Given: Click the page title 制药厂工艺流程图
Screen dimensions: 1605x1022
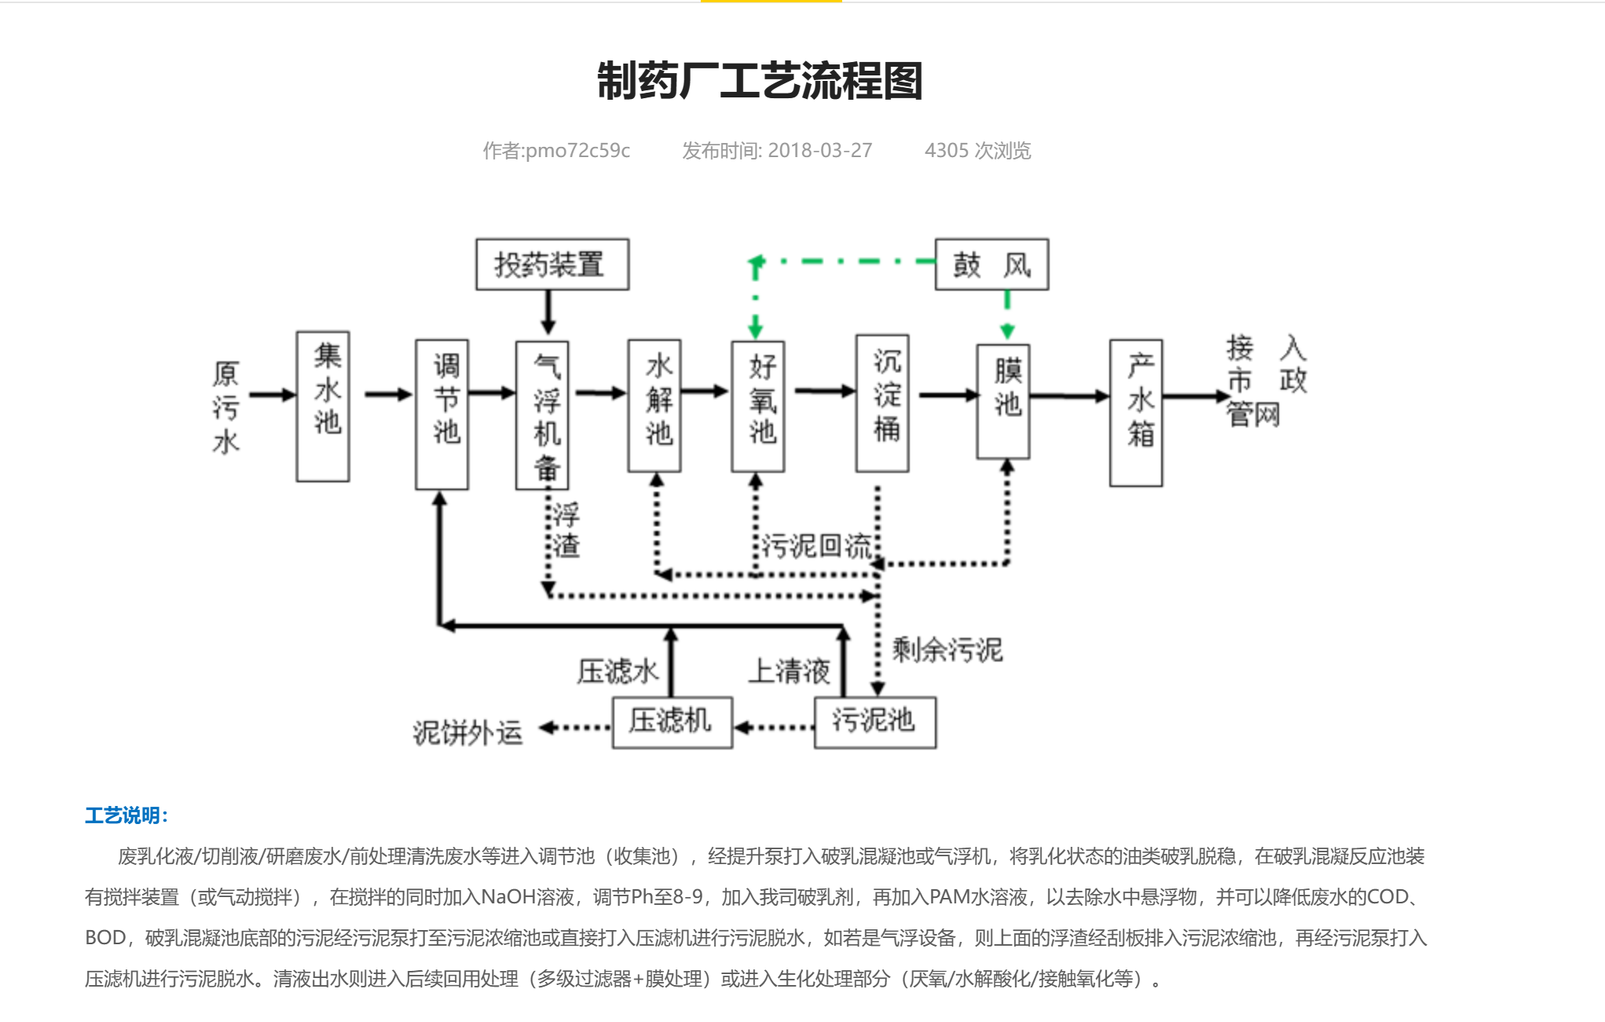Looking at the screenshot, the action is point(760,81).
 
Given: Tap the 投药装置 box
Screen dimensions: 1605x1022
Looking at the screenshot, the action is point(552,265).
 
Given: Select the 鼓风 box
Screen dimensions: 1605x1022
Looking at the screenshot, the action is point(991,265).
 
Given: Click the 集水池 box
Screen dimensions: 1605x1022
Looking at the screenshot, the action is point(323,406).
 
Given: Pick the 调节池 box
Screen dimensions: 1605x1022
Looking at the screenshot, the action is point(442,415).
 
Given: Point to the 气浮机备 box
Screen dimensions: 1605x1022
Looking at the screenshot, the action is point(542,415).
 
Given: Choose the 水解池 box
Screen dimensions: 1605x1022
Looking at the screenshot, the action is point(654,406).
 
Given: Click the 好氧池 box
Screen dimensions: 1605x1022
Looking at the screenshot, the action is point(758,406).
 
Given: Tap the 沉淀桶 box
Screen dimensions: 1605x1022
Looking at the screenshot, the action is point(882,403).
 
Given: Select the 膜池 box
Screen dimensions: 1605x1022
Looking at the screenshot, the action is point(1003,401).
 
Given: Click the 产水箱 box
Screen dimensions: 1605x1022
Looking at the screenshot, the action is point(1136,413).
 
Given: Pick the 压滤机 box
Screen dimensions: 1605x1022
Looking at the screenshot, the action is point(672,723).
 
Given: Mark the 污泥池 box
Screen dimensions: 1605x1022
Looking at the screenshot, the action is point(875,723).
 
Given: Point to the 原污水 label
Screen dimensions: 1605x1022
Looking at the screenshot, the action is point(225,408).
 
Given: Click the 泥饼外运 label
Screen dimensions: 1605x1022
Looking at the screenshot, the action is point(467,732).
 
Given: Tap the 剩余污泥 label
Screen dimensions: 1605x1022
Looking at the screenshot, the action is point(947,650).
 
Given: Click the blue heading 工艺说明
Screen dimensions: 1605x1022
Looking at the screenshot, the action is point(126,815).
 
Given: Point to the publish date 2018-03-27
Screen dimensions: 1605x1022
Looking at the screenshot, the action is point(820,150).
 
